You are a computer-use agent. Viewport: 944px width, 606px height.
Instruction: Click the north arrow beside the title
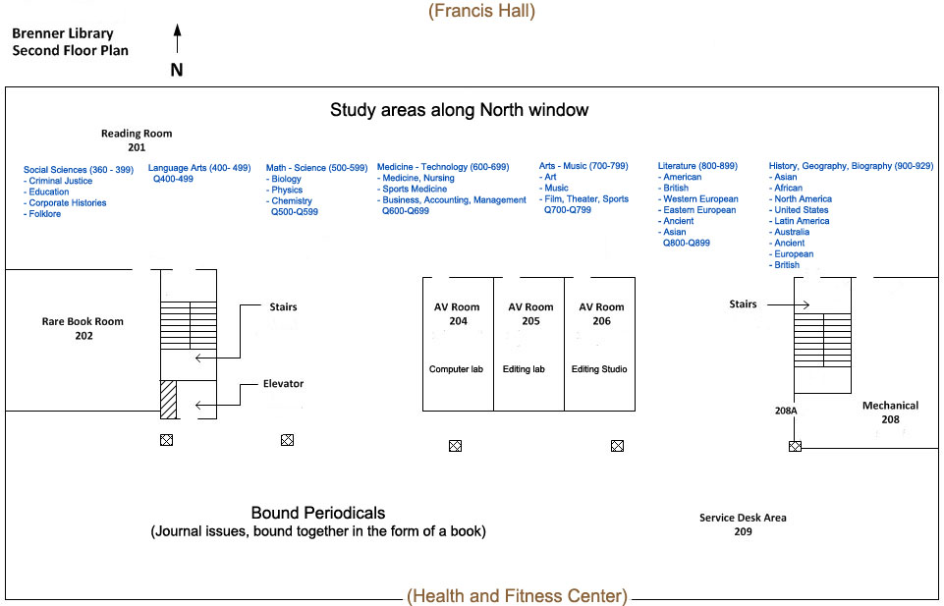(177, 38)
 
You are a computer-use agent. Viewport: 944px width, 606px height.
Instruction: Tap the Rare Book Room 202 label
(83, 329)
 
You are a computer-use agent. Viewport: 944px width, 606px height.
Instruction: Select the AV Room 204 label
(457, 313)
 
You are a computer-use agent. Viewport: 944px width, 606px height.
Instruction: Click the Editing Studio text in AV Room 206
(599, 369)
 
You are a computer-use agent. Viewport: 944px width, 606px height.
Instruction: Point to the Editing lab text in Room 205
(524, 369)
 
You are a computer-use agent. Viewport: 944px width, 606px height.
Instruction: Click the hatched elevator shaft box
(169, 400)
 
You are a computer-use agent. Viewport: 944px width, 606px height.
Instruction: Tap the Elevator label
(283, 383)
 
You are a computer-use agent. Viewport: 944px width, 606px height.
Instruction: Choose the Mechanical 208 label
(890, 413)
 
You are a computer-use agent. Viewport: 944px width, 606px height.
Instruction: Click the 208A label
(786, 411)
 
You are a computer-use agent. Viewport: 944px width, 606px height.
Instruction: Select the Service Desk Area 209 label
(743, 524)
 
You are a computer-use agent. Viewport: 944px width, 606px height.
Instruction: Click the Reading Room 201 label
(137, 140)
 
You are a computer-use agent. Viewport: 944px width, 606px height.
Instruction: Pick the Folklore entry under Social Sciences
(42, 214)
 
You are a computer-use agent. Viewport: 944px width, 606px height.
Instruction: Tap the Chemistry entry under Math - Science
(289, 200)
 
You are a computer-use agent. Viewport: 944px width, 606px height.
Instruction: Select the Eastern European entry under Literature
(696, 210)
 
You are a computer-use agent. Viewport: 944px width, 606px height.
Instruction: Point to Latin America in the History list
(799, 221)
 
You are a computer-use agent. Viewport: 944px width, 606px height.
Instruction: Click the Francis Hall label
(481, 11)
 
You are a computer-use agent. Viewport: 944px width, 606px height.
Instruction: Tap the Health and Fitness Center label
(517, 596)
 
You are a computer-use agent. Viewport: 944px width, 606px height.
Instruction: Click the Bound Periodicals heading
(318, 513)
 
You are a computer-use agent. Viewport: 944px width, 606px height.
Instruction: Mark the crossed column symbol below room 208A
(796, 446)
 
